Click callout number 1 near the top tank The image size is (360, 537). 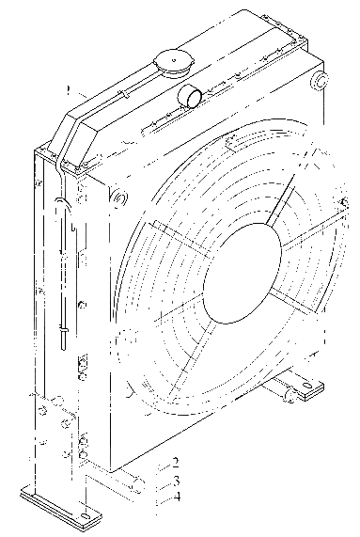tap(69, 90)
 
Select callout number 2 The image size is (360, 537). tap(176, 463)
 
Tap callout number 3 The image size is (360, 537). tap(176, 481)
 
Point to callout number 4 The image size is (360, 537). tap(176, 497)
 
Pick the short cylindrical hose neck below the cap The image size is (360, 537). tap(189, 96)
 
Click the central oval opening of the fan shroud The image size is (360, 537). tap(243, 274)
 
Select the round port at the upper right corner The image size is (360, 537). tap(320, 81)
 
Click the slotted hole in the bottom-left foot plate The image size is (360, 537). tap(86, 517)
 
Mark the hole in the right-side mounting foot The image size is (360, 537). tap(308, 386)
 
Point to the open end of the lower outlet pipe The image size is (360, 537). tap(139, 485)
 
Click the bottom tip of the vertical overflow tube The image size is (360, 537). tap(64, 348)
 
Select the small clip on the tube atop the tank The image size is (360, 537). tap(124, 94)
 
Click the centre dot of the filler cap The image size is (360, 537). tap(174, 60)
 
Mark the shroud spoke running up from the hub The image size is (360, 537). tap(281, 198)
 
